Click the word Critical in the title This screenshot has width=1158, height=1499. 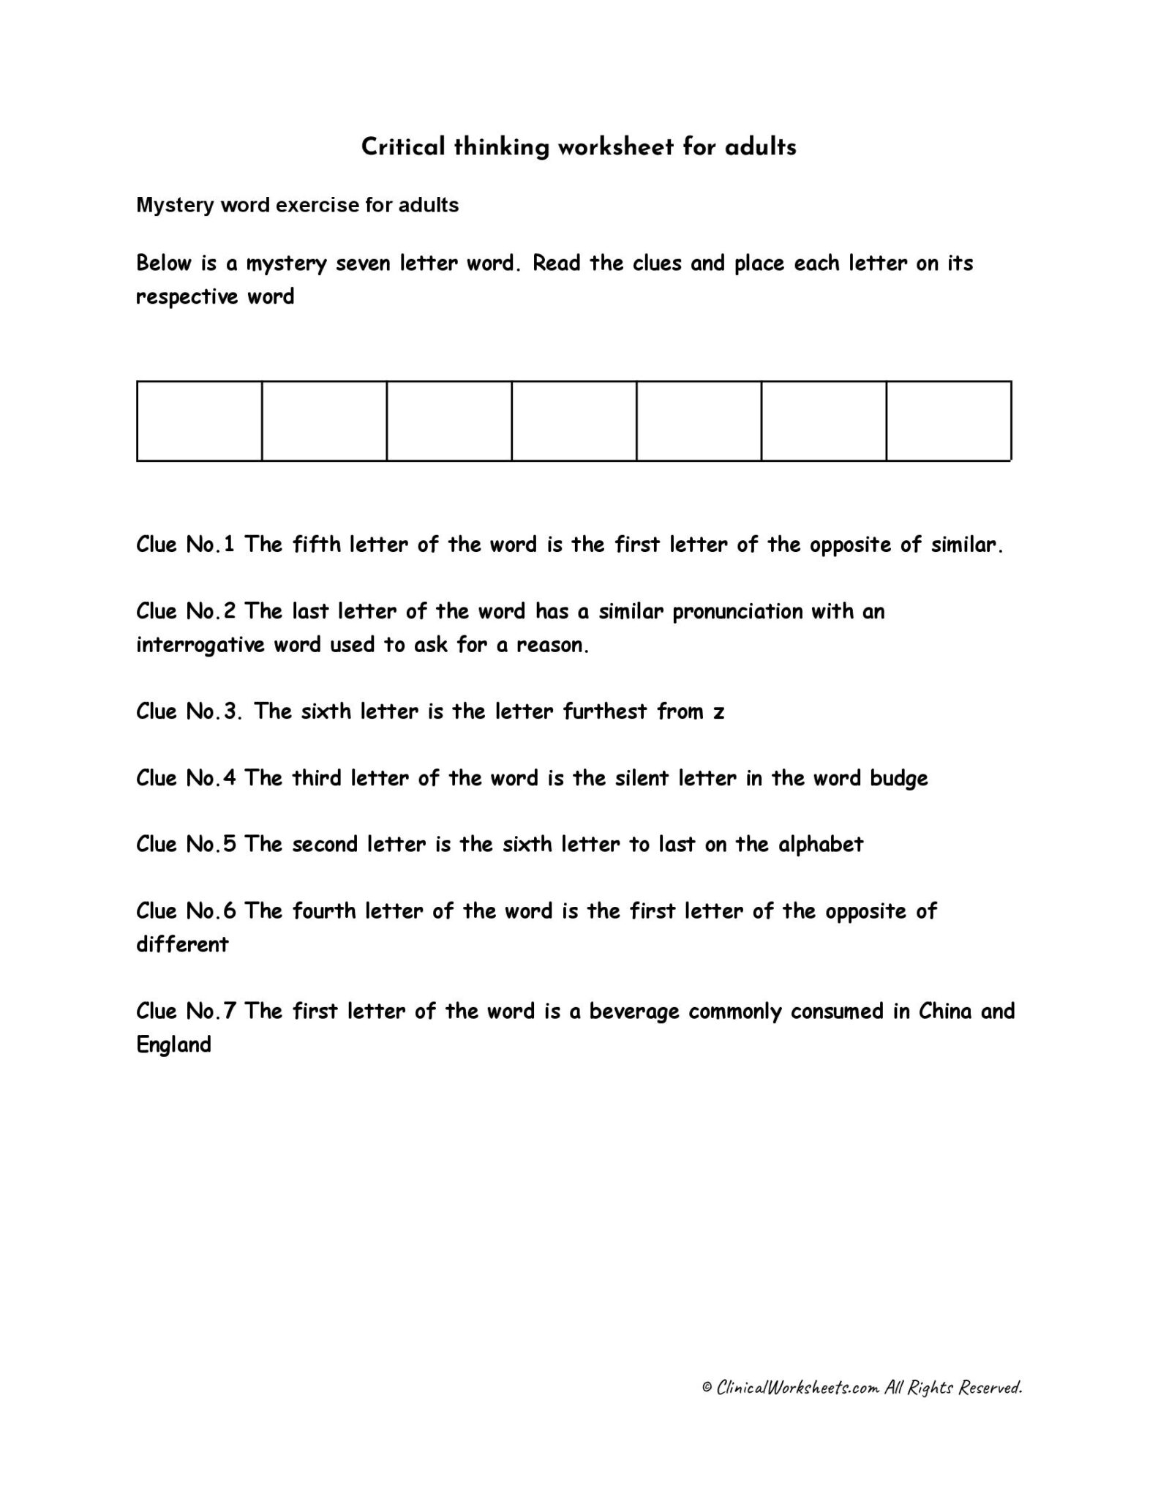403,148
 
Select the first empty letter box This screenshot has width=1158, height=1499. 199,421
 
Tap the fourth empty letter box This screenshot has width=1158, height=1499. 574,421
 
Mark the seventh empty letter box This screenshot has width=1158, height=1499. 948,421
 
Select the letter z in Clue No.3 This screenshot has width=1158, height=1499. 718,712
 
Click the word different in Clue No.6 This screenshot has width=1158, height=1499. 182,944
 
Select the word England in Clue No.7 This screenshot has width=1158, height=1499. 173,1045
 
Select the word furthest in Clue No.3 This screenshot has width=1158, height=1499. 605,711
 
